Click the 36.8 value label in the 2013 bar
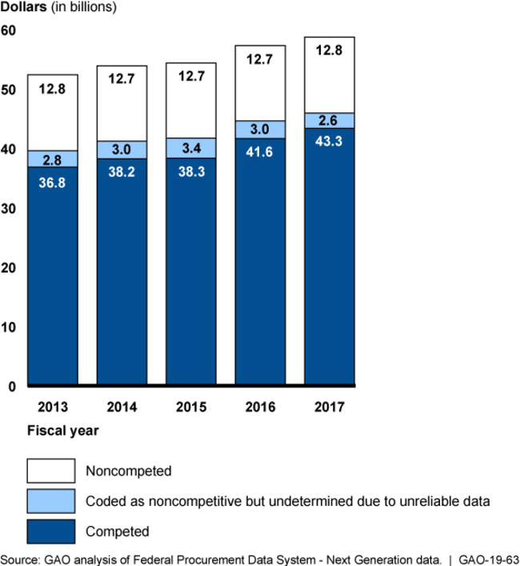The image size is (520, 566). click(52, 182)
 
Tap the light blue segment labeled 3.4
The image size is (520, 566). click(191, 148)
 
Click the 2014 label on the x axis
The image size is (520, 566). click(122, 407)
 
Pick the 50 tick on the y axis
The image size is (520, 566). click(9, 90)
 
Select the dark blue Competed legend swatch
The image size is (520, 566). click(51, 530)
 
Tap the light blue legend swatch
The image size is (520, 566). click(51, 500)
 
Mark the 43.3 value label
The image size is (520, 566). click(329, 142)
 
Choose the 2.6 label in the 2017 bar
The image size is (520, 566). click(329, 121)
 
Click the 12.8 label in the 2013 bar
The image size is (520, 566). click(52, 89)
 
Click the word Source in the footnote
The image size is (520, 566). click(21, 557)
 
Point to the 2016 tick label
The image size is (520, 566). click(260, 407)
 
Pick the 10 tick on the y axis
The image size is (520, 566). click(9, 327)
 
